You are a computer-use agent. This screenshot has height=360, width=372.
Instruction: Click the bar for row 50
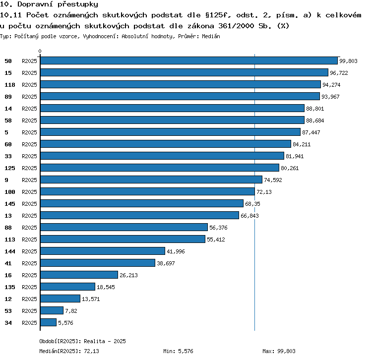coord(189,60)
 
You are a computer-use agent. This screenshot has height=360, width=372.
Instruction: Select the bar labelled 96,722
coord(184,72)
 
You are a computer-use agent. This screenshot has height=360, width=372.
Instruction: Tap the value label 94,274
coord(331,85)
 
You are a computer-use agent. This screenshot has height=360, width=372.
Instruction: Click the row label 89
coord(8,97)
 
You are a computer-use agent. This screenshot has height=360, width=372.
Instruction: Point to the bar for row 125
coord(160,168)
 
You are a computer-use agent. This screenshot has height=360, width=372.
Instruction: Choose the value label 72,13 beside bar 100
coord(264,192)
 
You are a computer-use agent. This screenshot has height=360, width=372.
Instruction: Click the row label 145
coord(10,204)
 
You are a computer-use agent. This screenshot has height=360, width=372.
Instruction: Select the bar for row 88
coord(124,227)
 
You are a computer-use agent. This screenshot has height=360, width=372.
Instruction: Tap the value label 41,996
coord(176,251)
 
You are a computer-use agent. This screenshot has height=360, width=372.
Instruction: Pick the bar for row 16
coord(79,275)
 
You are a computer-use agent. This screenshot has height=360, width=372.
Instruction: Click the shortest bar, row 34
coord(49,322)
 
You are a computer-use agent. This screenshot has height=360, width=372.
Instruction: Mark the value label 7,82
coord(71,311)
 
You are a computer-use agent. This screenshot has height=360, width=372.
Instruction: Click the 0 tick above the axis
coord(40,51)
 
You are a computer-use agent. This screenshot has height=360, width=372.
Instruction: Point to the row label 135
coord(10,287)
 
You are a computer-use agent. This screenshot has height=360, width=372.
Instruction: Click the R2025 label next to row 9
coord(29,180)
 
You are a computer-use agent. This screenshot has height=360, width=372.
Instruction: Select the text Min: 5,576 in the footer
coord(178,351)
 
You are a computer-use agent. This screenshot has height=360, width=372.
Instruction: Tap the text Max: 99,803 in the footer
coord(279,351)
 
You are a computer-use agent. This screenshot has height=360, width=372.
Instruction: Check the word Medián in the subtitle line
coord(211,36)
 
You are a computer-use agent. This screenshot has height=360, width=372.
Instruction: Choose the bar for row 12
coord(60,299)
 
